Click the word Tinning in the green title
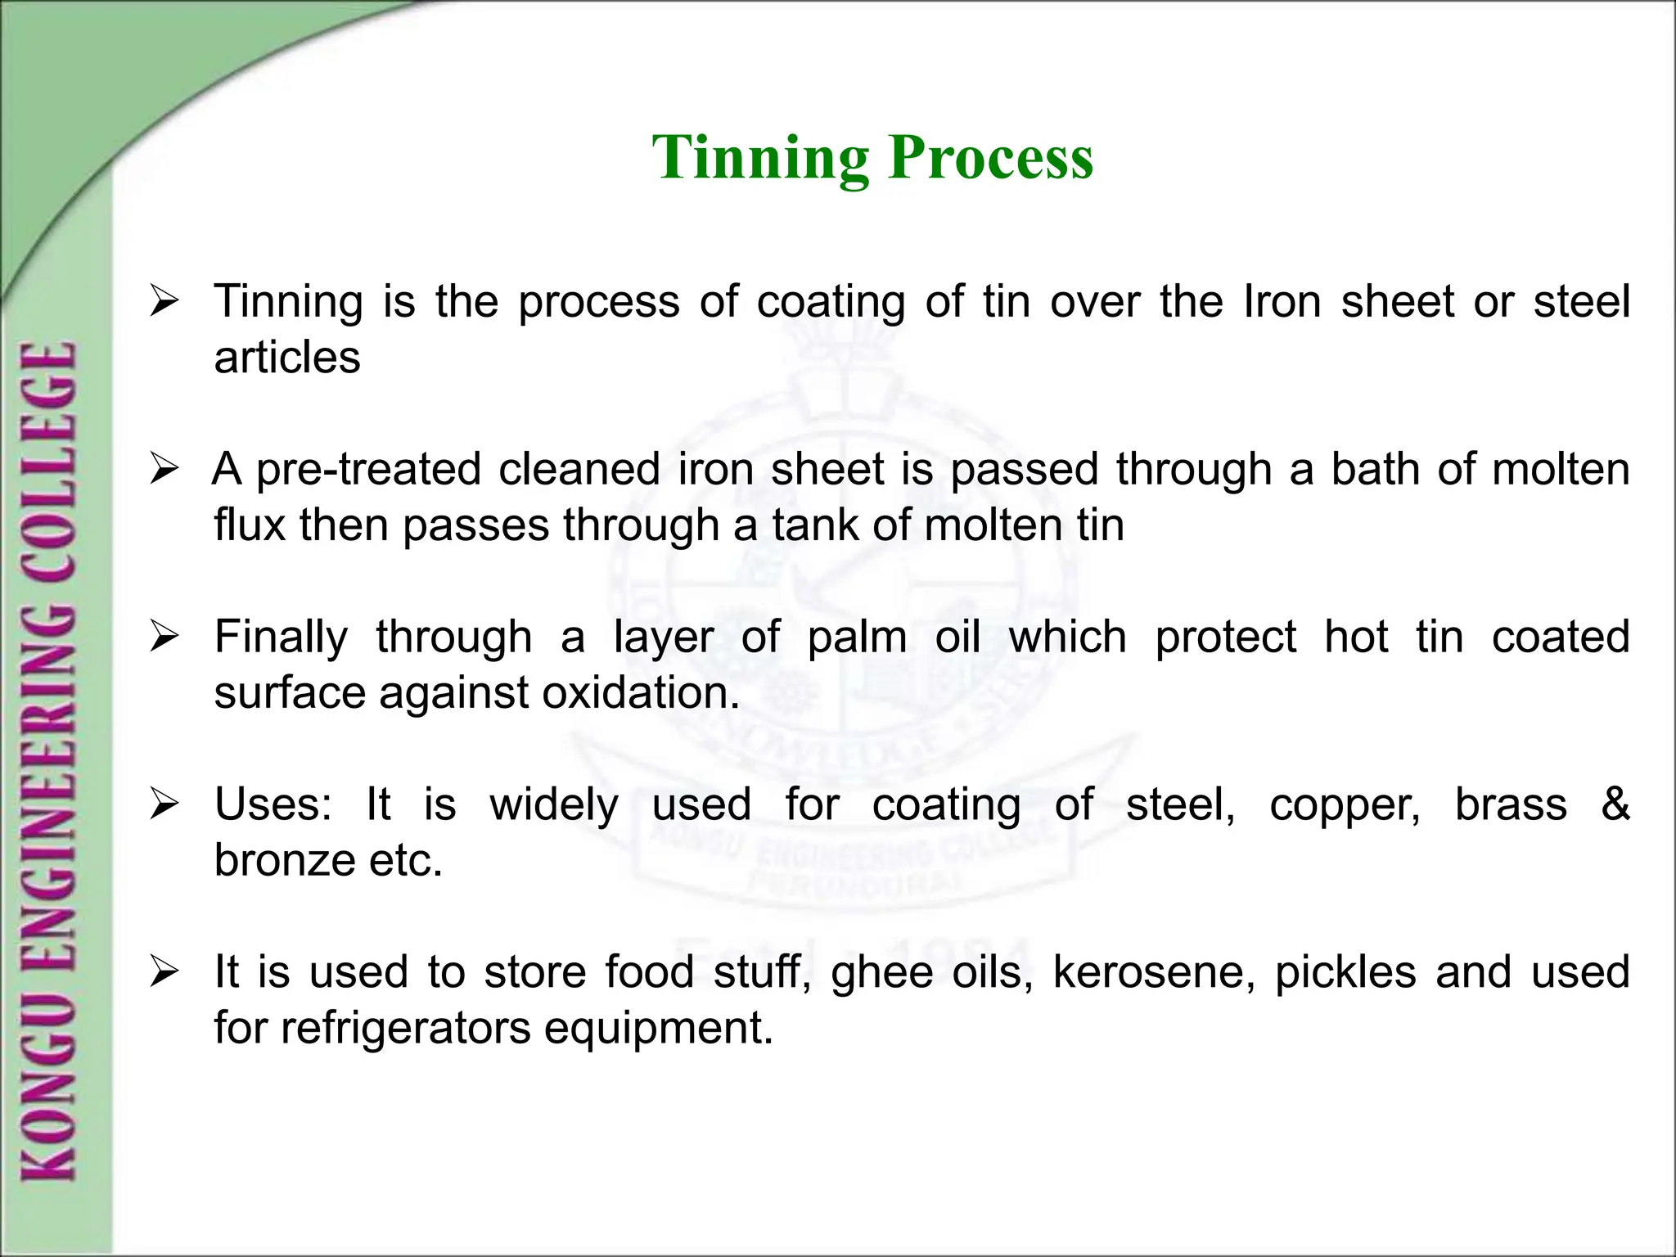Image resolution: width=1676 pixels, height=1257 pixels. (x=760, y=157)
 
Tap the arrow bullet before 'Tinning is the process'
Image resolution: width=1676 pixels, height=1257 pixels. (x=164, y=303)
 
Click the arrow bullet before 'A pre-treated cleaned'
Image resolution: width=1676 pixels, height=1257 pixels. (x=164, y=471)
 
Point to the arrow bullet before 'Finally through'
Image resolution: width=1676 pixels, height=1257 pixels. (x=164, y=638)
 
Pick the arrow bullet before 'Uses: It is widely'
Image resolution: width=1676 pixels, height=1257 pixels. (x=164, y=806)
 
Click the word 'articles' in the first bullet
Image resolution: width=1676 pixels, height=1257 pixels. (x=287, y=358)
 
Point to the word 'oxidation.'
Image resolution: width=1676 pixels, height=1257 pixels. (x=641, y=693)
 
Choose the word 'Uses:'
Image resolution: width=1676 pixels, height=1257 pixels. (x=273, y=804)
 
